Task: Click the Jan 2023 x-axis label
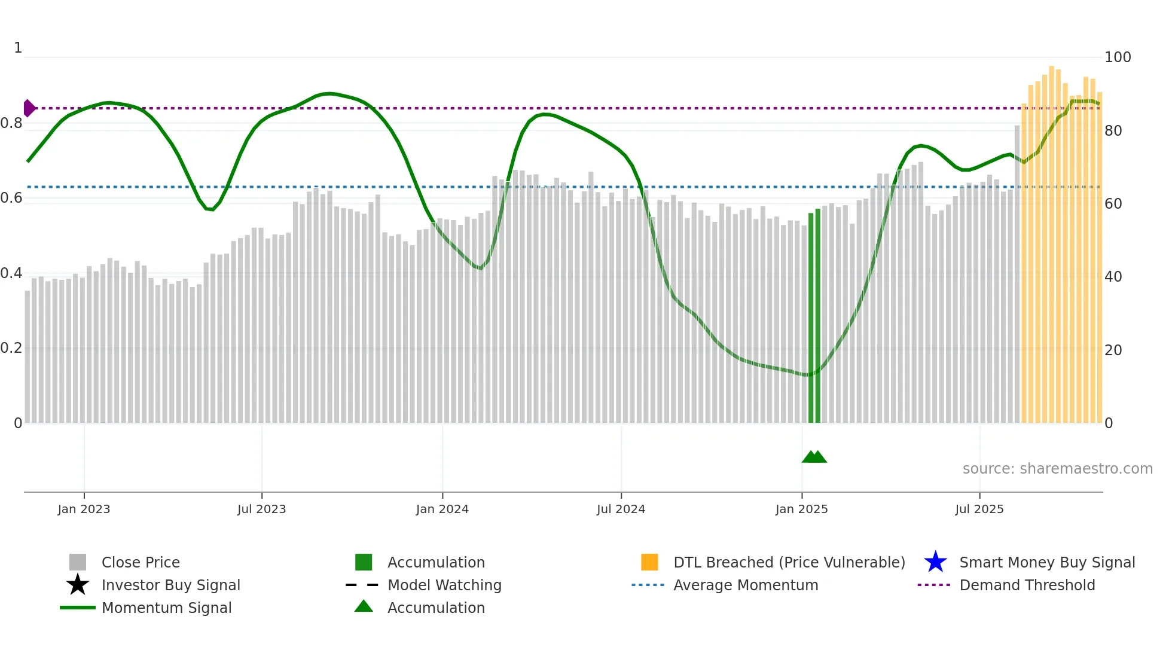click(x=84, y=509)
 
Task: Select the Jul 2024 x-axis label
click(x=621, y=509)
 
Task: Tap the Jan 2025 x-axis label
click(x=801, y=509)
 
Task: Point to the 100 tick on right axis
click(x=1117, y=57)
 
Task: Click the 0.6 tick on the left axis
click(x=11, y=198)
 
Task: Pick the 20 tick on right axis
click(x=1113, y=350)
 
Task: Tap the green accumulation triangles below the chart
click(x=814, y=457)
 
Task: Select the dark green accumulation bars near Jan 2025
click(x=814, y=317)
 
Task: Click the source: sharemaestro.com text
click(x=1057, y=469)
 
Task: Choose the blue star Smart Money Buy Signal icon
click(x=935, y=562)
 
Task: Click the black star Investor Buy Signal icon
click(x=78, y=585)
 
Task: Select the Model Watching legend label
click(x=444, y=585)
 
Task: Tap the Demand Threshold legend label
click(x=1027, y=585)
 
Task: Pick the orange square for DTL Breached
click(x=649, y=562)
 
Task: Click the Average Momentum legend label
click(x=746, y=585)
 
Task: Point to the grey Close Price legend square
click(x=78, y=562)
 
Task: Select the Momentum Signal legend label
click(x=166, y=608)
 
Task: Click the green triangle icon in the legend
click(x=364, y=606)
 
